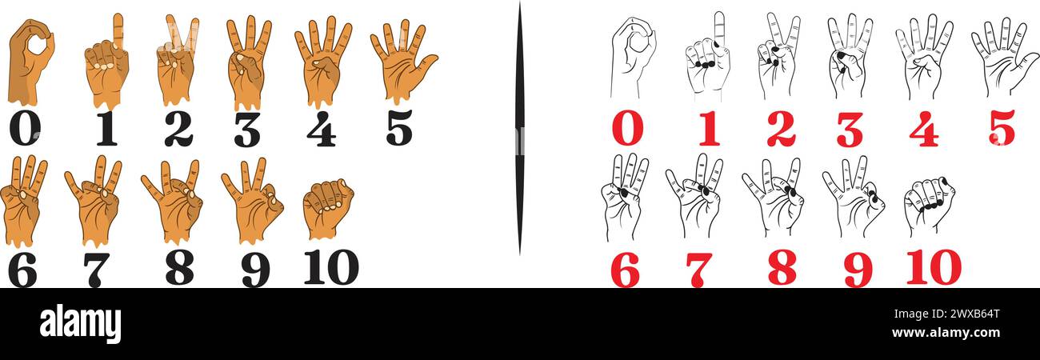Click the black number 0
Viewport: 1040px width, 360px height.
pyautogui.click(x=24, y=129)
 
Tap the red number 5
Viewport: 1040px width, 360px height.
pyautogui.click(x=1001, y=128)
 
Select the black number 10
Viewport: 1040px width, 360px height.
pyautogui.click(x=330, y=267)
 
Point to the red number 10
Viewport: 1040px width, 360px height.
pyautogui.click(x=933, y=267)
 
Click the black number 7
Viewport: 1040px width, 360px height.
pyautogui.click(x=96, y=270)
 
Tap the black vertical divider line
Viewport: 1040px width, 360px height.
pyautogui.click(x=519, y=128)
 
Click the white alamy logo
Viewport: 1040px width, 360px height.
pyautogui.click(x=80, y=324)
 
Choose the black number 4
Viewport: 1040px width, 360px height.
pyautogui.click(x=321, y=129)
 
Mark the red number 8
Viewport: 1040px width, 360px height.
pyautogui.click(x=782, y=267)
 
